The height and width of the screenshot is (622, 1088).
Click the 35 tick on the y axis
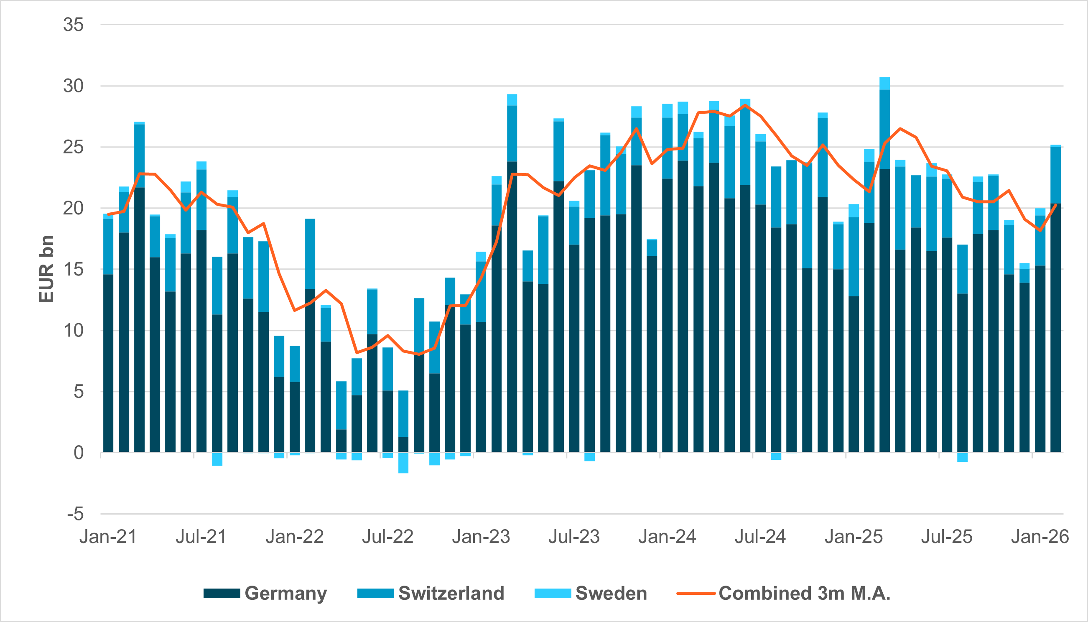click(x=73, y=25)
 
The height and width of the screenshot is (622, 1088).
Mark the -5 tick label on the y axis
click(x=75, y=514)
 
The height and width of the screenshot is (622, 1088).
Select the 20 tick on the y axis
click(x=73, y=209)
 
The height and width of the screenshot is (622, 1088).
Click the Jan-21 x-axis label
click(x=108, y=537)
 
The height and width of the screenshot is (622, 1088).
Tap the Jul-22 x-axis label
click(x=388, y=537)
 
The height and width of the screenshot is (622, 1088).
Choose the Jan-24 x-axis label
click(x=667, y=537)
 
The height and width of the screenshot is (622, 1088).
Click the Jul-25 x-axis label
click(x=947, y=537)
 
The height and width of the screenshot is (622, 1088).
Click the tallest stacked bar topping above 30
click(x=885, y=256)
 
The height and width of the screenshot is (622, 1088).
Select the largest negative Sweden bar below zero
click(x=403, y=463)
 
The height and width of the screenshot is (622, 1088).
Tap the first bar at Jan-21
click(x=109, y=342)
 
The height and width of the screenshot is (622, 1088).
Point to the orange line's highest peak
click(x=745, y=105)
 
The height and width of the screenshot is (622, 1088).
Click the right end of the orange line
click(x=1056, y=205)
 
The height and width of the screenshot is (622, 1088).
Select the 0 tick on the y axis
click(x=79, y=453)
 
